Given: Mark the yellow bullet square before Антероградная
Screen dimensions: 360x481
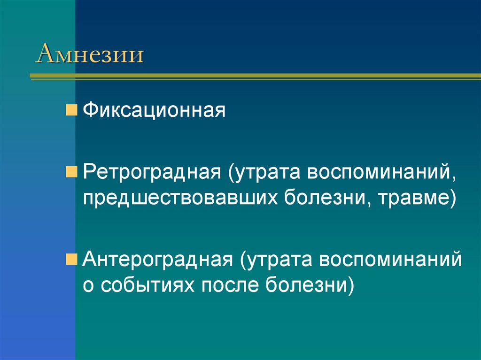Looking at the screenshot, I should point(72,259).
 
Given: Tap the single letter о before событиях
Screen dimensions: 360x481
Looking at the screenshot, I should point(88,286).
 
